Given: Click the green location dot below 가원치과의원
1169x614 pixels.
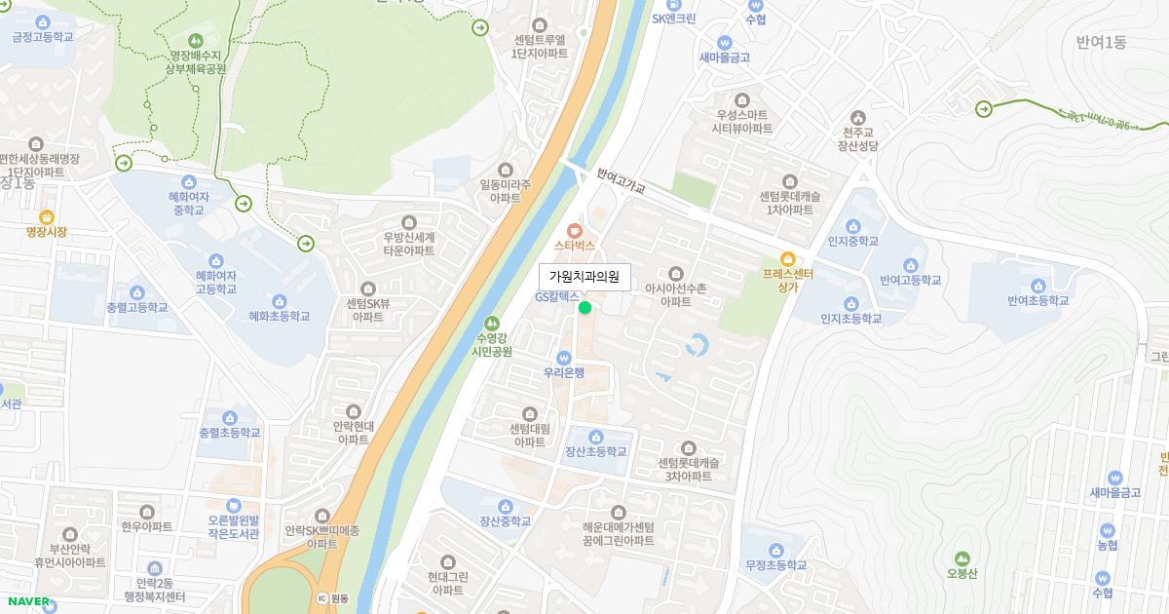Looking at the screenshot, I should point(584,308).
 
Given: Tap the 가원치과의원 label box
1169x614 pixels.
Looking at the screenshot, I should point(584,277).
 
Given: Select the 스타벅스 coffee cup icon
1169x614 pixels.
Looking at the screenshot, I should point(575,230).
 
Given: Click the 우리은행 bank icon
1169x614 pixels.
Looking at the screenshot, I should point(564,357).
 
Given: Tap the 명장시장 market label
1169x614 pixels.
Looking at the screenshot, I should point(47,232).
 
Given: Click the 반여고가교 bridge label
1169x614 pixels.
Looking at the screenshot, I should point(622,180).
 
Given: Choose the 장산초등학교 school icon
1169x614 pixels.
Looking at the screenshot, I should point(596,437).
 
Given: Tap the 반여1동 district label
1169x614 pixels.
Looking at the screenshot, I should point(1101,42).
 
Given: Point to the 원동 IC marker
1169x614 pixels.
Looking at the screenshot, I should point(322,597).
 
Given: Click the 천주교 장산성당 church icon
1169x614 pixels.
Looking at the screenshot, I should point(858,116).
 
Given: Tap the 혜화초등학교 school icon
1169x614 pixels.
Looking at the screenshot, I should point(280,300).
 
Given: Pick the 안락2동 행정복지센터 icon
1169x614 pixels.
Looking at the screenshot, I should point(154,568).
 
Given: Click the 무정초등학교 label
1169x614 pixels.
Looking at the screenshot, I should point(775,564).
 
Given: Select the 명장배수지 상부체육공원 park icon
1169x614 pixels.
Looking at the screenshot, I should point(196,40).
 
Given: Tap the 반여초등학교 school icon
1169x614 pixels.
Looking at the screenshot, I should point(1038,286).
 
